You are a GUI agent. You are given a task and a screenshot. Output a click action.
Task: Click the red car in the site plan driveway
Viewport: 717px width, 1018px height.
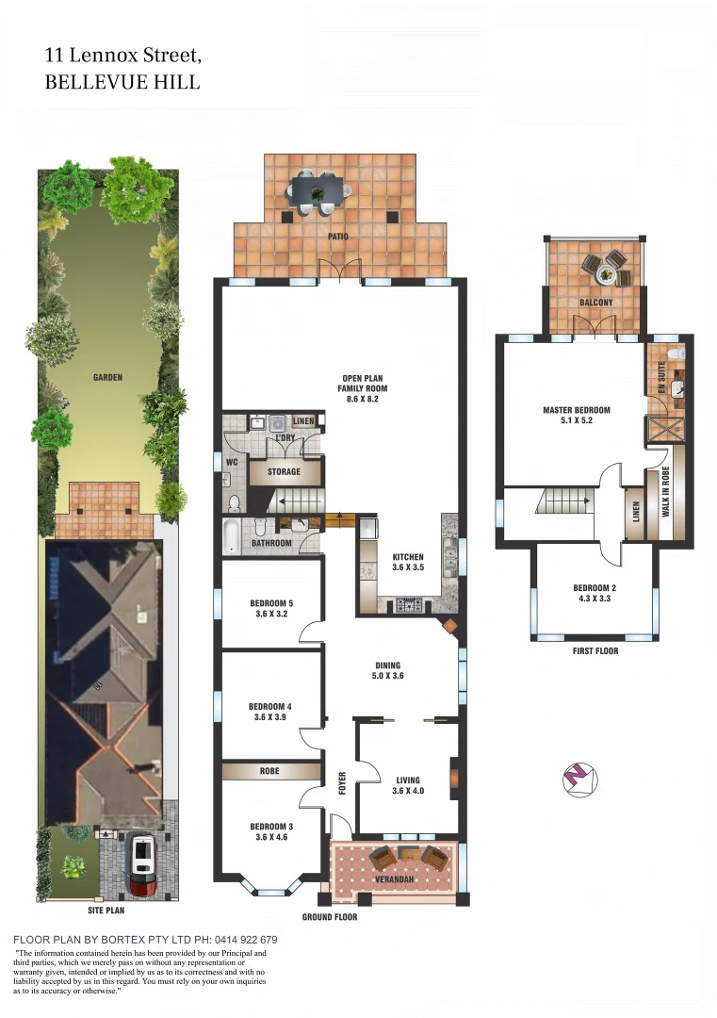pos(143,863)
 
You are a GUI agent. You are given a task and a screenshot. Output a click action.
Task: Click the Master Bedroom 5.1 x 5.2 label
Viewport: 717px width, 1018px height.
pos(577,416)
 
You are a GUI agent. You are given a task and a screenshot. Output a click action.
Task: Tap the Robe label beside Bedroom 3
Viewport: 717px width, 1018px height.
pos(269,771)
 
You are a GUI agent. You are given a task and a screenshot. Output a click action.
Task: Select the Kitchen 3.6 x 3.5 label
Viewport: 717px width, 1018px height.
pos(408,563)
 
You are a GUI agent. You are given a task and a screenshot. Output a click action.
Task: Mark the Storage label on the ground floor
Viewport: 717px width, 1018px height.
pos(284,471)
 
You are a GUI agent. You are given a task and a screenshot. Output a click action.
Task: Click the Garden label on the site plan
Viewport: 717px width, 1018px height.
pos(107,377)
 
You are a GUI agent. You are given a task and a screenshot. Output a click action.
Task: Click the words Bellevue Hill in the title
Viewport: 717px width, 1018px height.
pos(122,82)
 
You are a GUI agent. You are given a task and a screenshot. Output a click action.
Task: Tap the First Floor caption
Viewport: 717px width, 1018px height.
pos(595,651)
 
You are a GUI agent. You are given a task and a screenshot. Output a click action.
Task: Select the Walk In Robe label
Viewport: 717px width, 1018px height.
pos(665,491)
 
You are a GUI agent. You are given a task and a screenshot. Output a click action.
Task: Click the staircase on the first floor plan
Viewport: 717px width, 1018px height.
pos(563,501)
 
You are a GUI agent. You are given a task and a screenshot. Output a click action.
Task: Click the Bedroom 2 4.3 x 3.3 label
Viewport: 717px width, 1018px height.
pos(595,594)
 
